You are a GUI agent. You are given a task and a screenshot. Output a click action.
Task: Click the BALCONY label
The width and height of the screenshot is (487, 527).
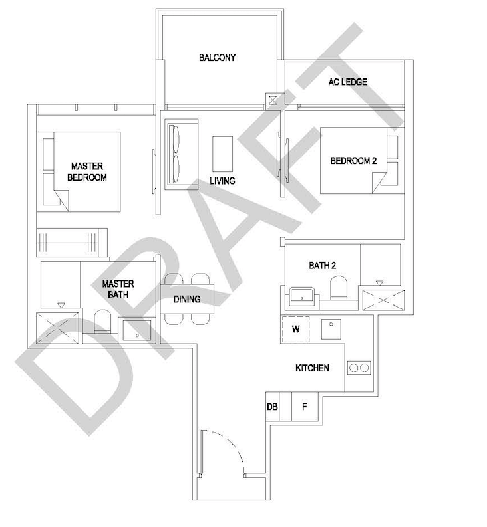tap(217, 58)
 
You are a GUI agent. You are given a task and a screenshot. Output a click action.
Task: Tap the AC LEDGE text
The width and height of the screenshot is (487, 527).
tap(347, 82)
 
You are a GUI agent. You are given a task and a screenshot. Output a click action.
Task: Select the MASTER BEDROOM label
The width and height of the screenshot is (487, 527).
tap(88, 171)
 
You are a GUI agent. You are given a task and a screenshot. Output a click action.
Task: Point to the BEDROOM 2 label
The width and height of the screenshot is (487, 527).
tap(353, 161)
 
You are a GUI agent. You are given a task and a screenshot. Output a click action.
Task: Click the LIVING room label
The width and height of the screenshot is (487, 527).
tap(222, 181)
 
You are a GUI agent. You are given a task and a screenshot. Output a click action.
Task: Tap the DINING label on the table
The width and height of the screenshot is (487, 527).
tap(187, 299)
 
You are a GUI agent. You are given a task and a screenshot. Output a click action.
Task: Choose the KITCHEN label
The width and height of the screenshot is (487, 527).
tap(312, 368)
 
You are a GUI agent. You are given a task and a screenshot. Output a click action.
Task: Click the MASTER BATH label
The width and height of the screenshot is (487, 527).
tap(118, 289)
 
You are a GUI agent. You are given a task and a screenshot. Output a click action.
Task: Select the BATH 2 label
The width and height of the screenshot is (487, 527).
tap(322, 265)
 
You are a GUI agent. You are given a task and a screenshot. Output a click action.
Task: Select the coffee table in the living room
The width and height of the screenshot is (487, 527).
tap(222, 154)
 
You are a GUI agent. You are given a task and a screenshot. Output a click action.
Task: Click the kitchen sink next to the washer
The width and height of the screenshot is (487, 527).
tap(331, 328)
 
